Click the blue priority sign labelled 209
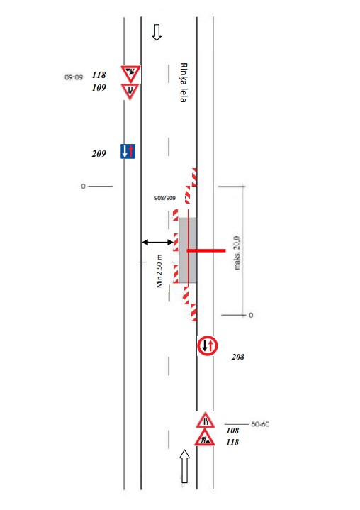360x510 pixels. pos(128,151)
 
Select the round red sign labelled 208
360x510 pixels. pos(208,345)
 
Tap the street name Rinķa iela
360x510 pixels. pos(184,82)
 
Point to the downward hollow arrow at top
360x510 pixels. pos(157,32)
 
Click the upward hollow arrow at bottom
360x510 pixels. pos(184,466)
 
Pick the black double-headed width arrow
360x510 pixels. pos(157,242)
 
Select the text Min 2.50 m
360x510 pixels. pos(159,271)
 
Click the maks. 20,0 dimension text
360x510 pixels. pos(237,253)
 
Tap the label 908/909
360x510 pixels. pos(165,198)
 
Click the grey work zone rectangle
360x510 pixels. pos(188,250)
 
